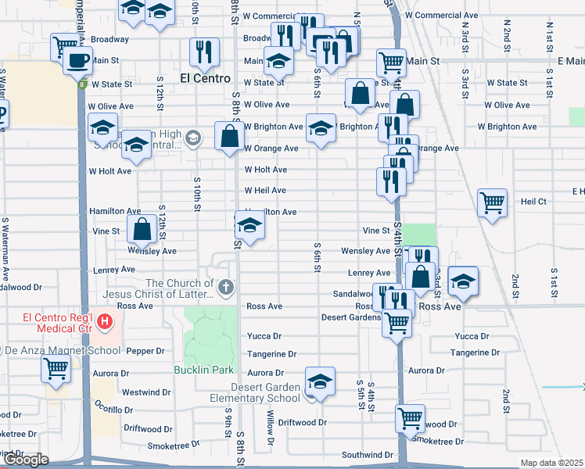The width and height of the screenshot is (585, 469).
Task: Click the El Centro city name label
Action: (x=205, y=78)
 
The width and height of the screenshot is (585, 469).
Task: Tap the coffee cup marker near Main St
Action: (x=77, y=60)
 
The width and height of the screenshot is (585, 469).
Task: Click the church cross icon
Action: (x=226, y=288)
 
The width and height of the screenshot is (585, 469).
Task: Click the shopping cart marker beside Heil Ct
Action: (x=493, y=203)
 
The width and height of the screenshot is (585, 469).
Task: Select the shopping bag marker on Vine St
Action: (x=142, y=230)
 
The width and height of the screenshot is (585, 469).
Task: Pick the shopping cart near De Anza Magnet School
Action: (x=56, y=367)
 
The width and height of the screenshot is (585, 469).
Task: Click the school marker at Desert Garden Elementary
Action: (x=320, y=382)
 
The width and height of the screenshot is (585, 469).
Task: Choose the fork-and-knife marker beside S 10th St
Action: (x=205, y=52)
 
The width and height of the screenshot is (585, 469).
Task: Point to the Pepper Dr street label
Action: (x=142, y=352)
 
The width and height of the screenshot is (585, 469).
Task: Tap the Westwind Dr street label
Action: (x=146, y=392)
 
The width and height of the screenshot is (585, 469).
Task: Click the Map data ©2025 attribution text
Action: (x=551, y=463)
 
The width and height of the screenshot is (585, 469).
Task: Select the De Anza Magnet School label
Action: (x=50, y=349)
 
